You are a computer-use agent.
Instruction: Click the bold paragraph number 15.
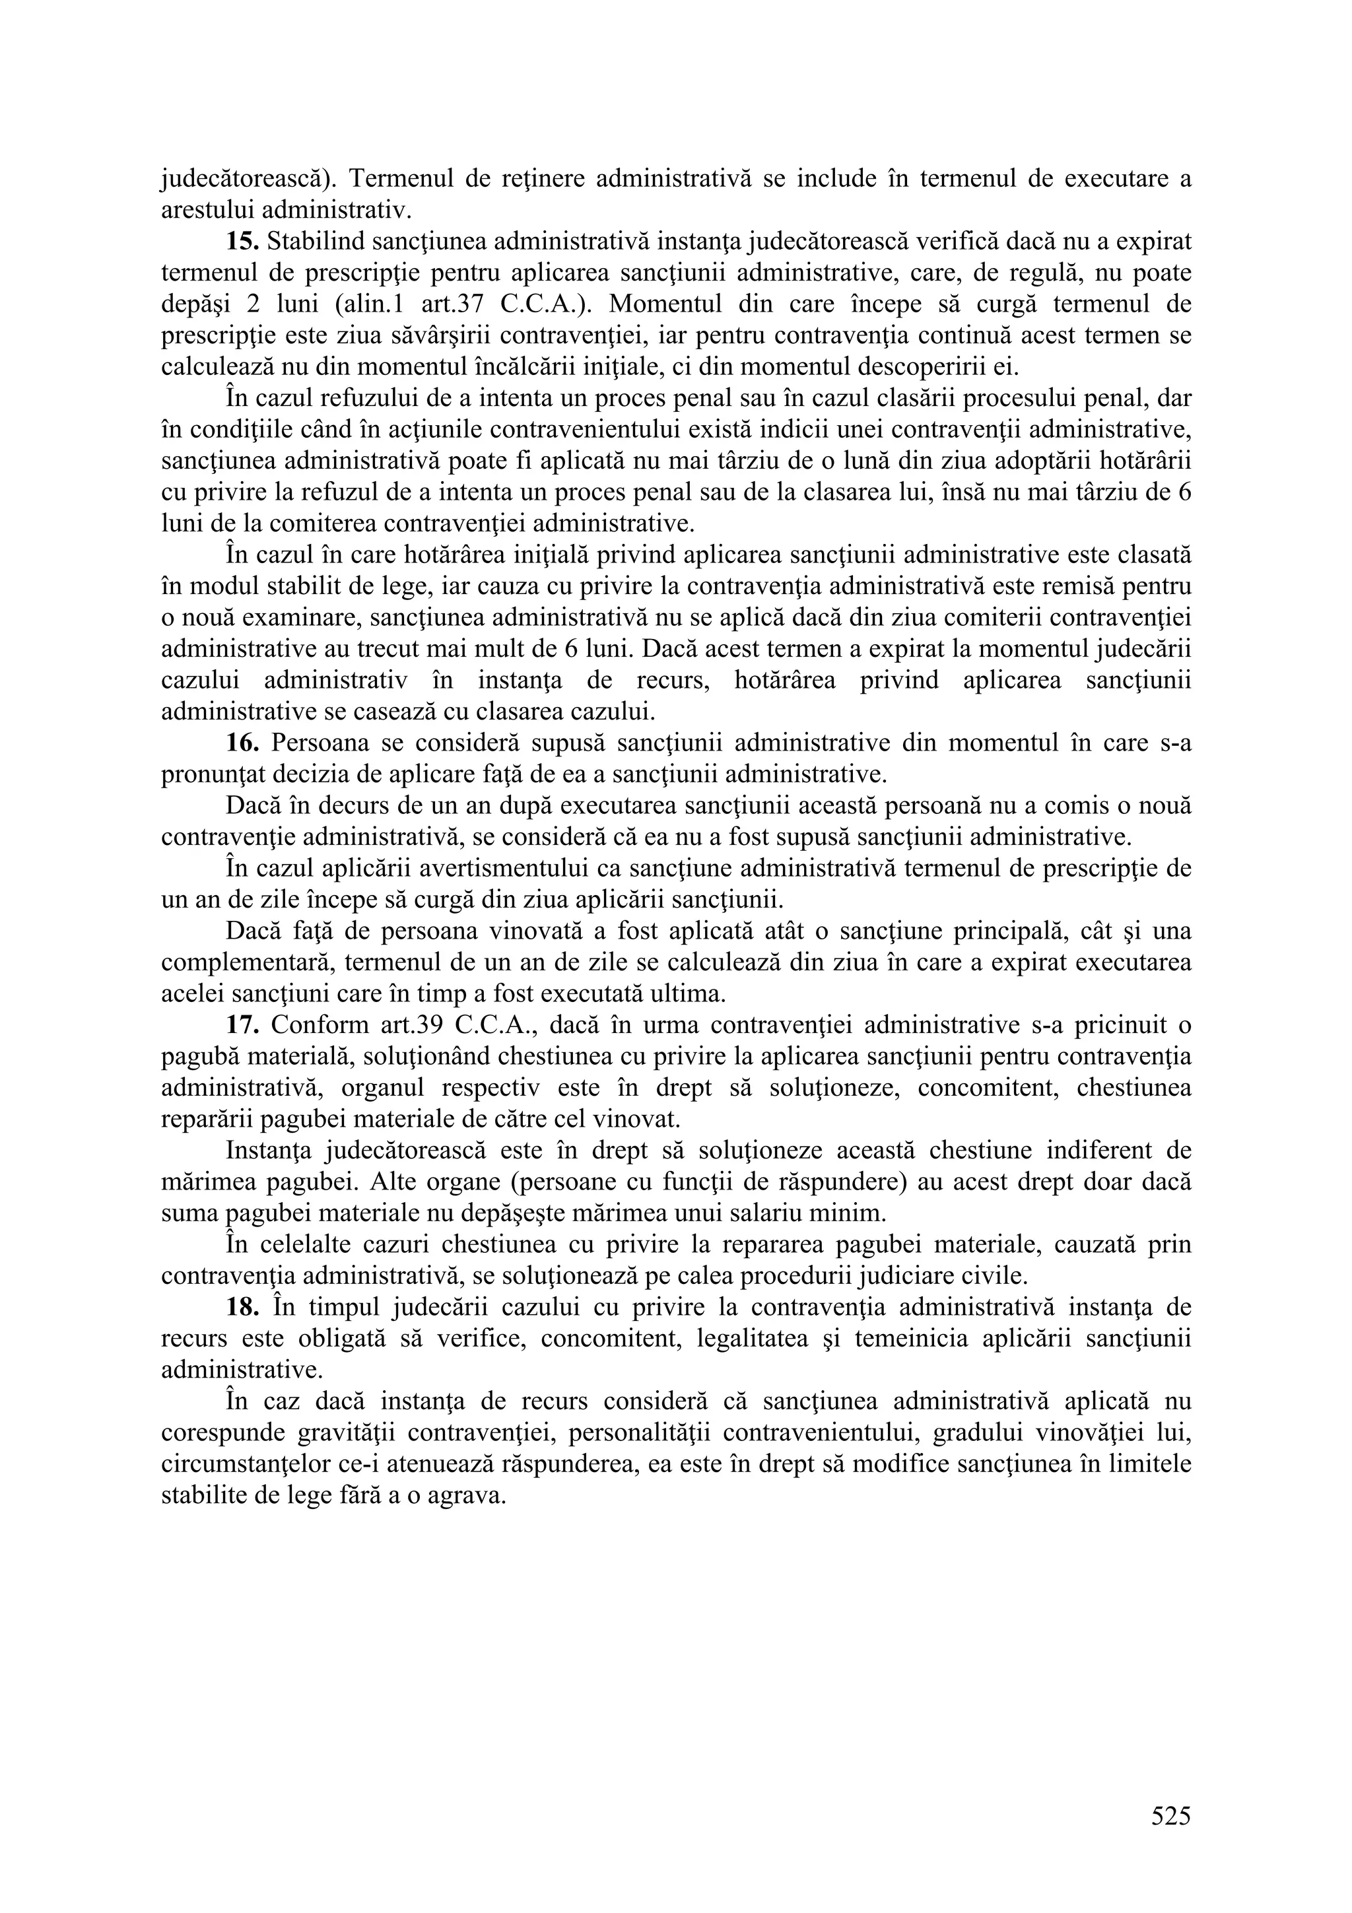pyautogui.click(x=243, y=242)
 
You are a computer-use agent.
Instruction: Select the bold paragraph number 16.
pyautogui.click(x=243, y=743)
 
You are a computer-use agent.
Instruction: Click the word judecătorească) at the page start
pyautogui.click(x=248, y=178)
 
